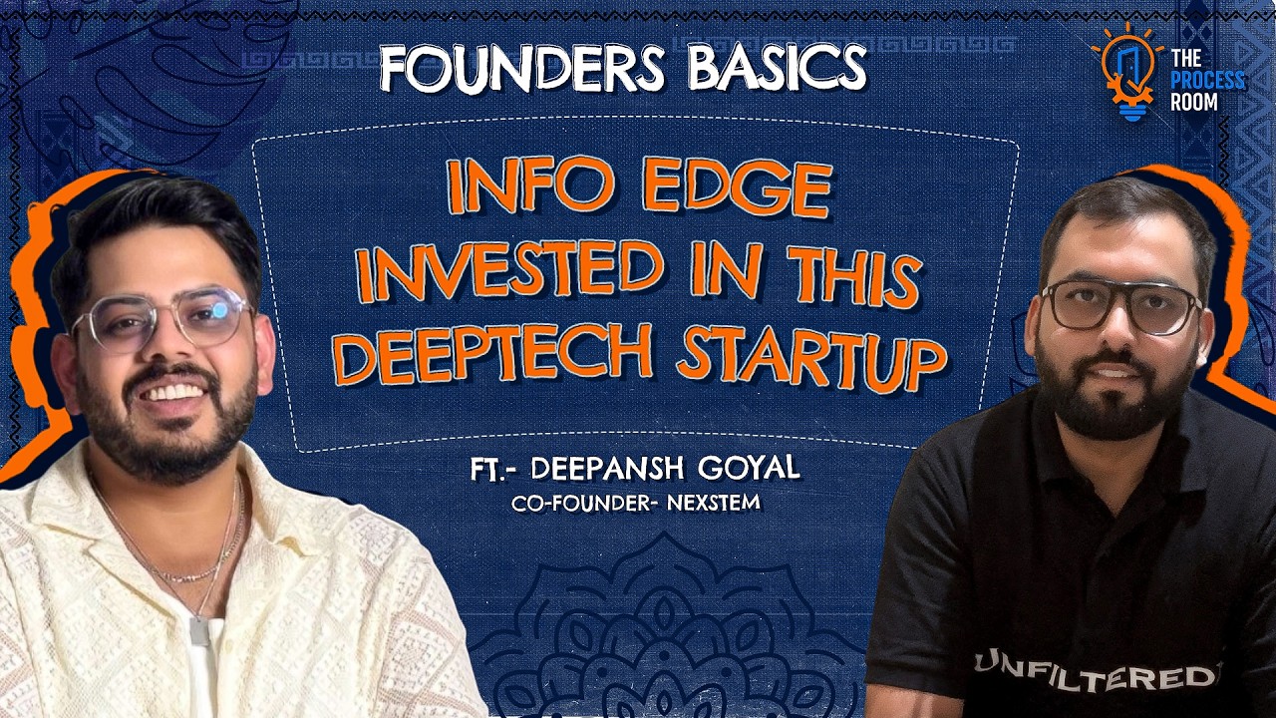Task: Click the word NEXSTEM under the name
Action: click(713, 503)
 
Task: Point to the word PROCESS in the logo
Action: click(1208, 81)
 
